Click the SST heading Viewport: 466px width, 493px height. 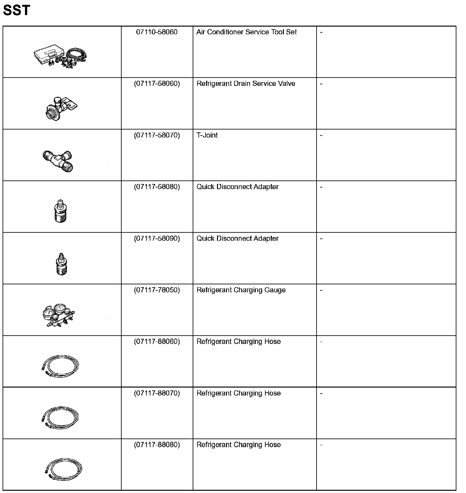pos(16,10)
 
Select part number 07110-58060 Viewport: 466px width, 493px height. pos(157,32)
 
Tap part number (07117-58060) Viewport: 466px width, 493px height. pos(157,84)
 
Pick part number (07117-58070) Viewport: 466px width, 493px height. pos(157,135)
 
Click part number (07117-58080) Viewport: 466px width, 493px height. pos(157,187)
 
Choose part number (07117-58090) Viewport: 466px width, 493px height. pos(157,238)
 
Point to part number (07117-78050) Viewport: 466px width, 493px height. pos(157,290)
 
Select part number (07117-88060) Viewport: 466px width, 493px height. pos(157,342)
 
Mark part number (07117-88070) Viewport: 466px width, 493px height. pos(157,393)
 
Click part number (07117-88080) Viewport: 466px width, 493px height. pos(157,445)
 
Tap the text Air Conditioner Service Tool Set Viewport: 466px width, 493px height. pos(246,32)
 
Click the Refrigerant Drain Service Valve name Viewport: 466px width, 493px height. pos(246,84)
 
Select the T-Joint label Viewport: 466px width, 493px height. pos(207,135)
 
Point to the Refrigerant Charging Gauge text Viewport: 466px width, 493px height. pos(241,290)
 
